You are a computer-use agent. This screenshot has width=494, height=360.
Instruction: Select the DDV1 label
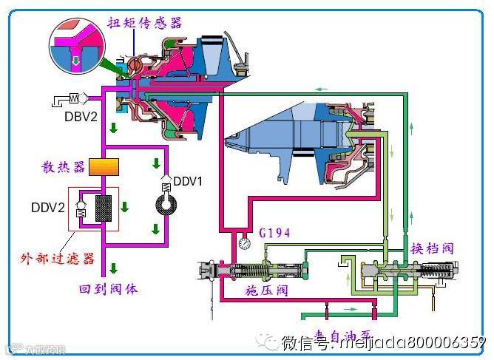coord(187,180)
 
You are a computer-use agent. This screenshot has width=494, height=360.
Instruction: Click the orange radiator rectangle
coord(104,167)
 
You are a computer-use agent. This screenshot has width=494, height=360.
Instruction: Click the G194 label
coord(275,234)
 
